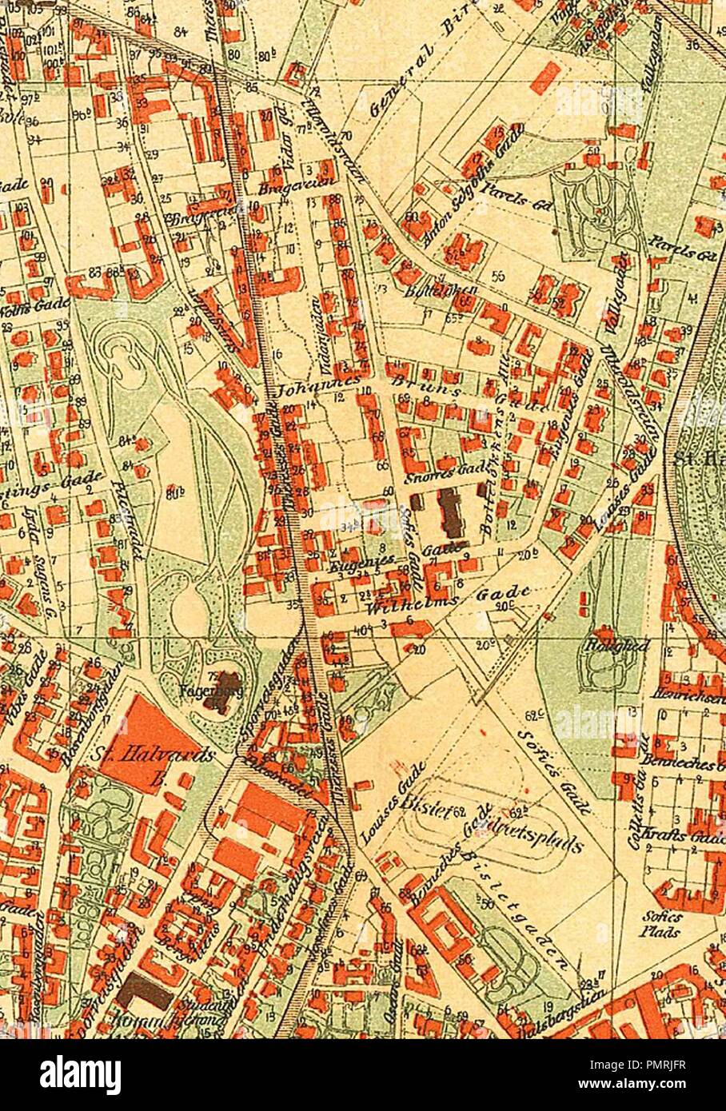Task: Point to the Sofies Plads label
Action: (660, 926)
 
